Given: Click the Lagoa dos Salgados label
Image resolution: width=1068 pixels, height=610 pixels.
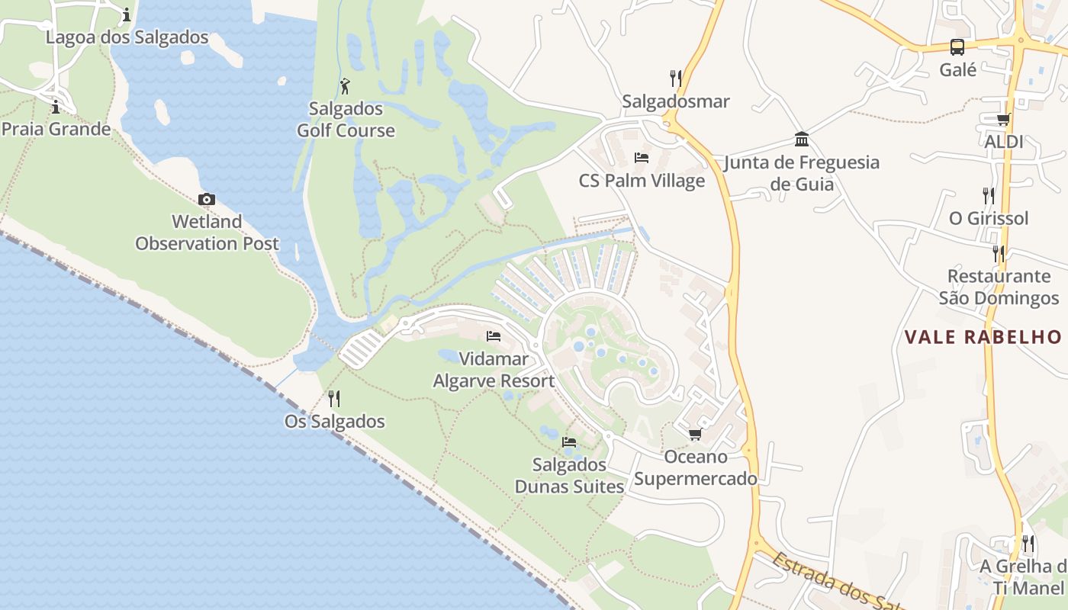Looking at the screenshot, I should (127, 37).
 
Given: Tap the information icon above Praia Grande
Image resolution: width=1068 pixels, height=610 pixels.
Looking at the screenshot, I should (55, 107).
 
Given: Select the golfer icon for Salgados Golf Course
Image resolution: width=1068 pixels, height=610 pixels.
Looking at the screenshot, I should (345, 86).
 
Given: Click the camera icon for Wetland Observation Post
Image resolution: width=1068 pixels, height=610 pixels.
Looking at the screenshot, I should (206, 200).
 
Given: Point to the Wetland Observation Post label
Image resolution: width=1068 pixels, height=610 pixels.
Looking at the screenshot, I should (207, 233).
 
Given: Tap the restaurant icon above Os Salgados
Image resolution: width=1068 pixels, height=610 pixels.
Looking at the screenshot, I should (333, 398).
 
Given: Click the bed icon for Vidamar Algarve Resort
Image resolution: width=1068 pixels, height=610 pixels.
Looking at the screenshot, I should (494, 336).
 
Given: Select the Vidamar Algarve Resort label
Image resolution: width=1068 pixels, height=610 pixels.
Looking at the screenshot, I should (494, 370).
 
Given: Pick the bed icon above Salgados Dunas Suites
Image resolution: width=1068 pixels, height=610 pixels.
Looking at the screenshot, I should (569, 441).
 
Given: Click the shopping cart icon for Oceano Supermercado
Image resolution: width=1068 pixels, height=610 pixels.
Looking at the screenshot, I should (695, 435).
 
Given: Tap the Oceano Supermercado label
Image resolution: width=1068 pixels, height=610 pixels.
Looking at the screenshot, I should (696, 467).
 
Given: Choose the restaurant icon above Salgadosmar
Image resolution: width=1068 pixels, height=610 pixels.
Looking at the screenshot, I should (675, 78).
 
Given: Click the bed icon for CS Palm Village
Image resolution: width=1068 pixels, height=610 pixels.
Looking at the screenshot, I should (642, 158).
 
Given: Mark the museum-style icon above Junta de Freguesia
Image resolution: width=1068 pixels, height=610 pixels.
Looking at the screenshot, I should (802, 139).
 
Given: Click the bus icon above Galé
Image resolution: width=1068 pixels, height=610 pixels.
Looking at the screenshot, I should (957, 47).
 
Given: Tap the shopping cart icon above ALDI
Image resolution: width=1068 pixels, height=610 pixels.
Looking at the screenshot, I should (1004, 119).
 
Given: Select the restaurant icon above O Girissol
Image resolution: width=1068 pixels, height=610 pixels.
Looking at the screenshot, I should (989, 195).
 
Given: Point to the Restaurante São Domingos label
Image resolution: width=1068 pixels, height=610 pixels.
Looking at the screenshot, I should (999, 287).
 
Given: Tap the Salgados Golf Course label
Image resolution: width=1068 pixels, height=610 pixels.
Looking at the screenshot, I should (346, 120).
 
